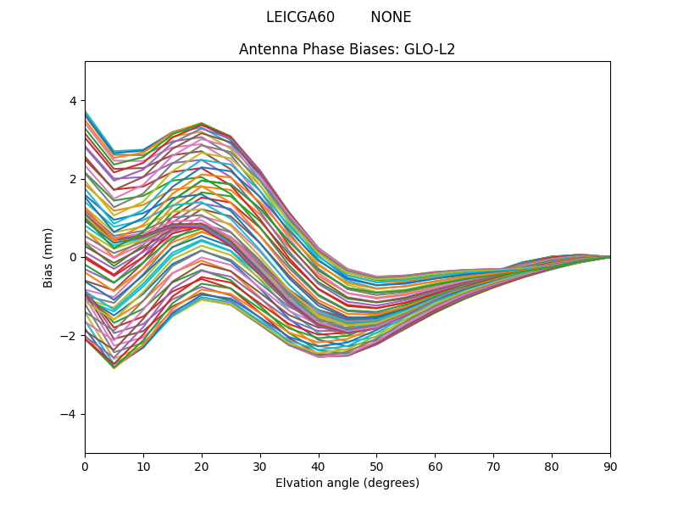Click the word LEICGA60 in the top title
point(300,17)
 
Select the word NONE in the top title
point(391,17)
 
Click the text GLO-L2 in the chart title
point(430,49)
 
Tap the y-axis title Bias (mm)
point(48,257)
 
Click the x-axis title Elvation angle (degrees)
point(347,483)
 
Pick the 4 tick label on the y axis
point(72,101)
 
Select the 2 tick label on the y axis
point(72,179)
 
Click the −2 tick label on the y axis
point(69,336)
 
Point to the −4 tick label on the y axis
point(69,414)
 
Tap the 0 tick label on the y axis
point(72,257)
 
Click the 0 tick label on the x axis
point(85,466)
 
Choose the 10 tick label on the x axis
point(143,466)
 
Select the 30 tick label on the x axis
point(260,466)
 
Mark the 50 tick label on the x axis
point(376,466)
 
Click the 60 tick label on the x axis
point(435,466)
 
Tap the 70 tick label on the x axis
point(493,466)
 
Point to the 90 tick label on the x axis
point(610,466)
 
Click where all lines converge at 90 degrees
point(609,257)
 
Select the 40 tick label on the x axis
point(319,466)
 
